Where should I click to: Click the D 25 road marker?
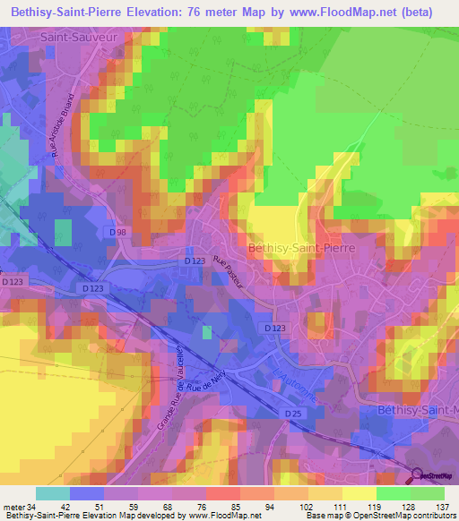[x=293, y=414]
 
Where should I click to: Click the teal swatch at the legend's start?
[x=53, y=493]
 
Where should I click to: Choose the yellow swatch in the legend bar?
[x=359, y=493]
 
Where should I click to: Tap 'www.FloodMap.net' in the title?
[x=359, y=13]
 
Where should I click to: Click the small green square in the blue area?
[x=206, y=332]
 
